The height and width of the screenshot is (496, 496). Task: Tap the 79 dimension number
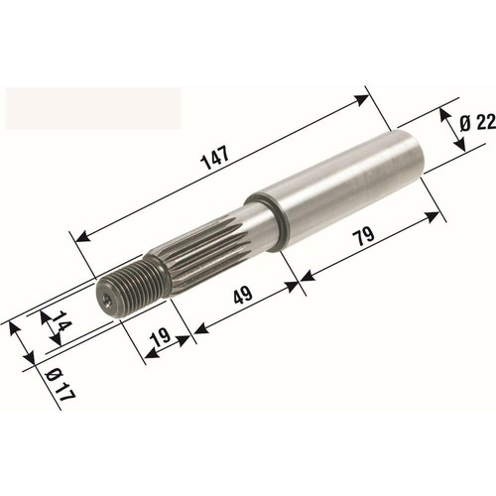364,236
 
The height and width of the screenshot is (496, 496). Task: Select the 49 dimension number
243,295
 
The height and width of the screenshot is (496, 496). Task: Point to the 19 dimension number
161,337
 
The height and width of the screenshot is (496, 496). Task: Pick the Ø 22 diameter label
477,123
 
